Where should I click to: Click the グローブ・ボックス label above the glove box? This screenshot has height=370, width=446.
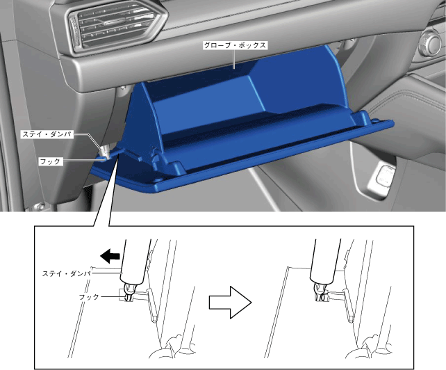pyautogui.click(x=235, y=45)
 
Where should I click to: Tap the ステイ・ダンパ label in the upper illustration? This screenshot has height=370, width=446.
pyautogui.click(x=47, y=134)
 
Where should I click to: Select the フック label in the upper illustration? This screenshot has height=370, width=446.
pyautogui.click(x=50, y=161)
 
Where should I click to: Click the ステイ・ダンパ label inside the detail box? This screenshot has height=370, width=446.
pyautogui.click(x=66, y=274)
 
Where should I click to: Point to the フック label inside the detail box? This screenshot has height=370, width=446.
pyautogui.click(x=89, y=297)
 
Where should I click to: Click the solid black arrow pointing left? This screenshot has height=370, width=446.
pyautogui.click(x=110, y=255)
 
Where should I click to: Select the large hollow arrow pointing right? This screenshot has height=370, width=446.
pyautogui.click(x=231, y=303)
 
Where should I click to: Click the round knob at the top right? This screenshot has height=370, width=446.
pyautogui.click(x=430, y=42)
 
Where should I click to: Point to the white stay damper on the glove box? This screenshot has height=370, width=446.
pyautogui.click(x=106, y=151)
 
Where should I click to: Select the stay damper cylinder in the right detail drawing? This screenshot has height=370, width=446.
pyautogui.click(x=324, y=262)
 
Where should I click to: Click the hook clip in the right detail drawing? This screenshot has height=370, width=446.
pyautogui.click(x=320, y=293)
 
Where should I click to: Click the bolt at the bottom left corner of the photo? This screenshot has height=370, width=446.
pyautogui.click(x=40, y=207)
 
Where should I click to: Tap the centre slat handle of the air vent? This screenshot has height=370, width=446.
pyautogui.click(x=117, y=22)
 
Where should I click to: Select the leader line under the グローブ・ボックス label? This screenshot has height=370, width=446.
pyautogui.click(x=234, y=59)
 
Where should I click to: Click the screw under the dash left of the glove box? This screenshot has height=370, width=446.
pyautogui.click(x=123, y=88)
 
